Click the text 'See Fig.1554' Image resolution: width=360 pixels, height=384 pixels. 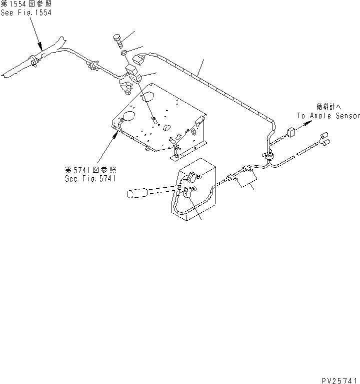26,13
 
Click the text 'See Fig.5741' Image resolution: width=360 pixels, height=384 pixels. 90,179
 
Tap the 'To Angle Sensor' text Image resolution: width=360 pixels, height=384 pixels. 328,115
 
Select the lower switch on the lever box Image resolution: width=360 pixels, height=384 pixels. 188,193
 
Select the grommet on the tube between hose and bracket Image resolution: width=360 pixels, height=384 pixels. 92,64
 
